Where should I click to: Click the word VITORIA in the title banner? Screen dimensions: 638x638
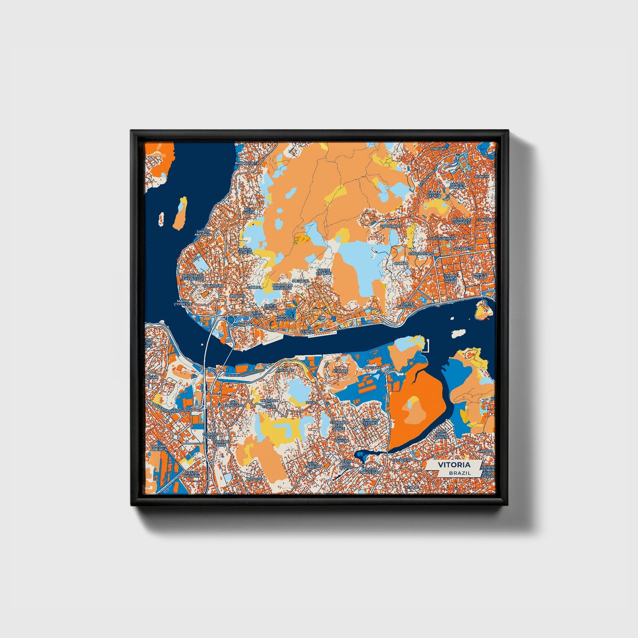(x=454, y=465)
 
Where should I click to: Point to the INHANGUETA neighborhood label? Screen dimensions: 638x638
(x=246, y=163)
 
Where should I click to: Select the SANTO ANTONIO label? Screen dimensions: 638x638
(x=203, y=232)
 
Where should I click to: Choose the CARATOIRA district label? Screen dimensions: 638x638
(x=211, y=286)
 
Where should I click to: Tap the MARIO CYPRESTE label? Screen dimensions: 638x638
(x=183, y=302)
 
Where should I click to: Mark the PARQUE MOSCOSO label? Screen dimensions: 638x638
(x=285, y=318)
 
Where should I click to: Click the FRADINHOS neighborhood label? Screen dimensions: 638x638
(x=391, y=226)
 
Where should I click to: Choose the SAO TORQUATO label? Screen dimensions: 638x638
(x=233, y=403)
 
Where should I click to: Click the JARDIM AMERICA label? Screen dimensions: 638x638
(x=159, y=448)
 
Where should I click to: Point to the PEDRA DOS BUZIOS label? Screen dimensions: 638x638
(x=346, y=463)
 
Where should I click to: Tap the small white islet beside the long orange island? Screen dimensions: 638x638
(x=162, y=218)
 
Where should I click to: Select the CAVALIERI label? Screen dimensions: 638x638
(x=400, y=460)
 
